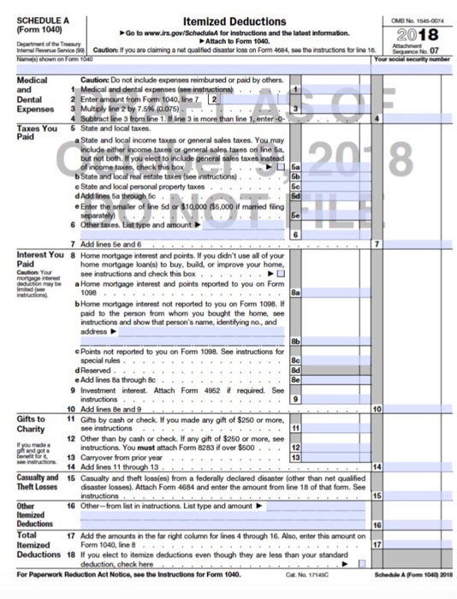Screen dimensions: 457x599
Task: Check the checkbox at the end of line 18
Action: click(x=363, y=564)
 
